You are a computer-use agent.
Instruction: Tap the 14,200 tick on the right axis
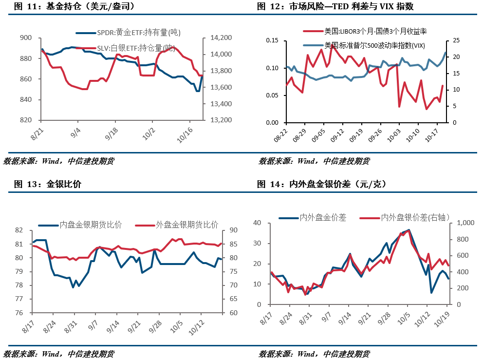pos(220,38)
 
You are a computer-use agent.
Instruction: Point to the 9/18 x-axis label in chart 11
pos(112,133)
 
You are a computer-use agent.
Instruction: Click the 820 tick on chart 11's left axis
pos(26,120)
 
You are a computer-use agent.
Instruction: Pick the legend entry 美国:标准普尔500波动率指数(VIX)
pos(374,45)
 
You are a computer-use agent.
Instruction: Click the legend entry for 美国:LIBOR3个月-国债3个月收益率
pos(375,32)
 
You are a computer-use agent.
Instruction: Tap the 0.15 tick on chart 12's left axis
pos(273,40)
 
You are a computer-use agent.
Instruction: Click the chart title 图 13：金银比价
pos(48,185)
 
